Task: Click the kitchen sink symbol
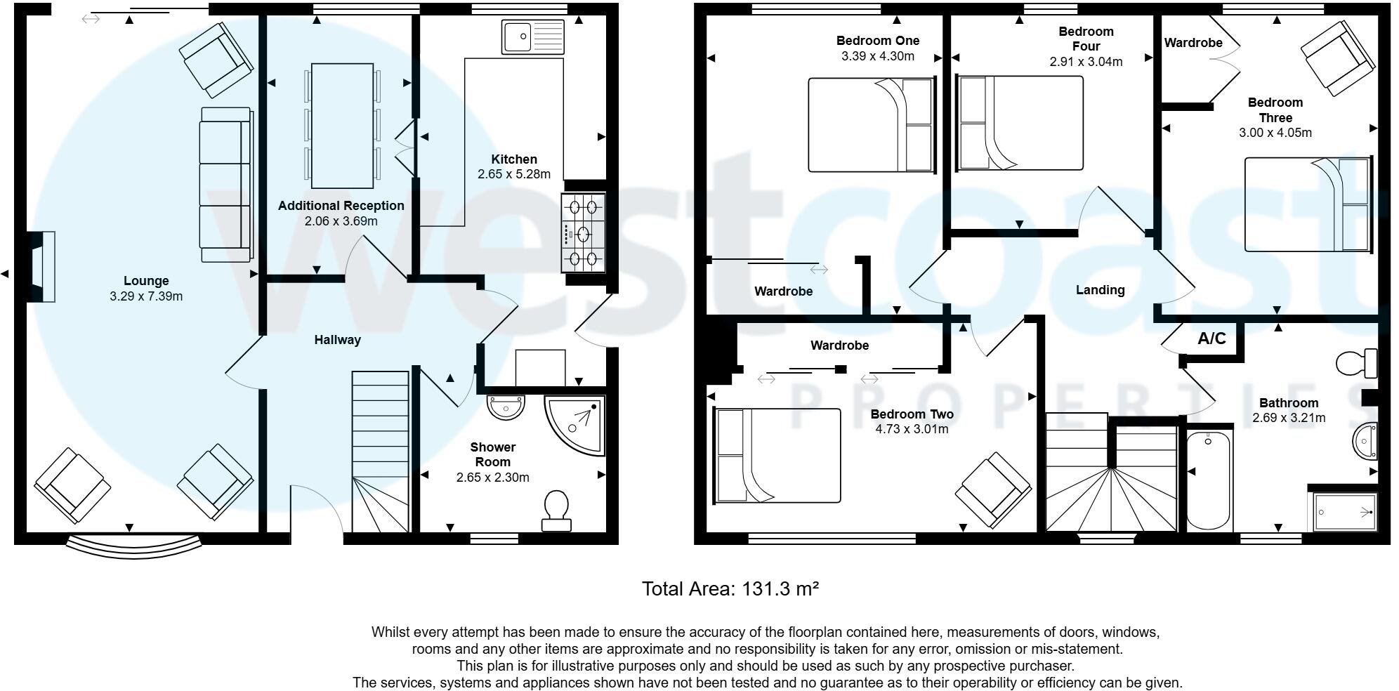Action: click(533, 37)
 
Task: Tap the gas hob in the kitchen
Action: click(583, 232)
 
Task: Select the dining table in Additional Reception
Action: click(342, 126)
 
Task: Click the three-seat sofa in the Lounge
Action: click(225, 185)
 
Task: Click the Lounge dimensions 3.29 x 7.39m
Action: click(146, 296)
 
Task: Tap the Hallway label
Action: click(337, 340)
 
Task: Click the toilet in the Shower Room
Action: click(556, 510)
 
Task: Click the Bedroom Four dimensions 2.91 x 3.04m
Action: click(1086, 62)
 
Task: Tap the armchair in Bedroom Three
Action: click(1337, 58)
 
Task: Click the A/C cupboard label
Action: click(1211, 338)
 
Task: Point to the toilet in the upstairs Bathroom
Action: click(1356, 363)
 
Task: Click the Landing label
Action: click(1100, 290)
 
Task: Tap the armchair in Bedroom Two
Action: click(993, 490)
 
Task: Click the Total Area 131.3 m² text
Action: click(730, 588)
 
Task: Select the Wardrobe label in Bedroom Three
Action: click(1193, 43)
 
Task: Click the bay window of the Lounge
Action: click(133, 546)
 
